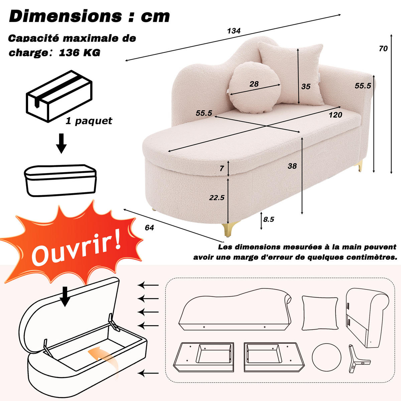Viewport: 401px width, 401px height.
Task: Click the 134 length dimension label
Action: pyautogui.click(x=234, y=31)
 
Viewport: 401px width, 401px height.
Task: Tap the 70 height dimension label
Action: pyautogui.click(x=383, y=48)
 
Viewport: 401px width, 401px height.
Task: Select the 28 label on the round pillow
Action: pyautogui.click(x=254, y=84)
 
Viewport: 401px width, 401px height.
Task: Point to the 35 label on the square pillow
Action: pyautogui.click(x=306, y=86)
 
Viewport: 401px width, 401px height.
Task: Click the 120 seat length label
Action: pyautogui.click(x=335, y=115)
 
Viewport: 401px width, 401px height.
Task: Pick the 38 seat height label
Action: pyautogui.click(x=292, y=166)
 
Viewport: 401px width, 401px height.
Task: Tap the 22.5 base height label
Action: pyautogui.click(x=217, y=197)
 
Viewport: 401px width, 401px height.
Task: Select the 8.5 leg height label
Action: pyautogui.click(x=268, y=219)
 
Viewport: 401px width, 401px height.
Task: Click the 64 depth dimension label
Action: pyautogui.click(x=149, y=228)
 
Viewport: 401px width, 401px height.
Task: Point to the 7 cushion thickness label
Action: pyautogui.click(x=222, y=168)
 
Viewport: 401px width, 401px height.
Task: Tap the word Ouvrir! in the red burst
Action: pyautogui.click(x=76, y=247)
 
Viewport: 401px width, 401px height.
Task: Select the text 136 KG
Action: pyautogui.click(x=80, y=52)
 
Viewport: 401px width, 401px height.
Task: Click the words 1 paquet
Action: pyautogui.click(x=89, y=121)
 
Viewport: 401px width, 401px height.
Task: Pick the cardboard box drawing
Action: pyautogui.click(x=59, y=96)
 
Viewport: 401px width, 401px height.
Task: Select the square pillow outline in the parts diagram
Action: pyautogui.click(x=320, y=316)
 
